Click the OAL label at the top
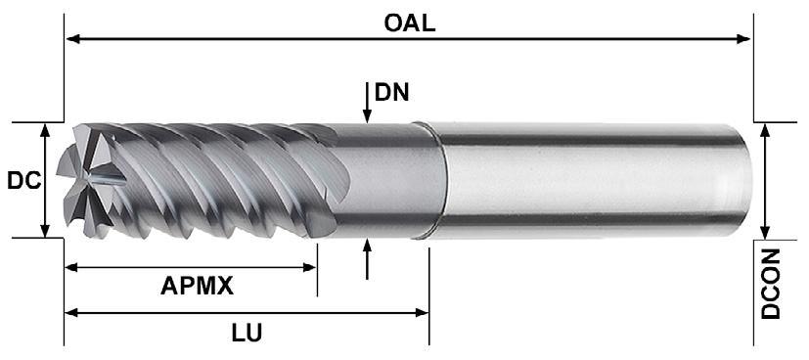click(x=410, y=22)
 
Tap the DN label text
click(x=391, y=93)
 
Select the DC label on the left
click(x=23, y=181)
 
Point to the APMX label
click(x=197, y=286)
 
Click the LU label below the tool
click(x=247, y=333)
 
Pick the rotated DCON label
click(x=771, y=284)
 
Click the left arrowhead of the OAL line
click(x=72, y=39)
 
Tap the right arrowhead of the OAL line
click(x=744, y=39)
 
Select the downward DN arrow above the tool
click(x=366, y=102)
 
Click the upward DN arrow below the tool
click(x=367, y=259)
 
